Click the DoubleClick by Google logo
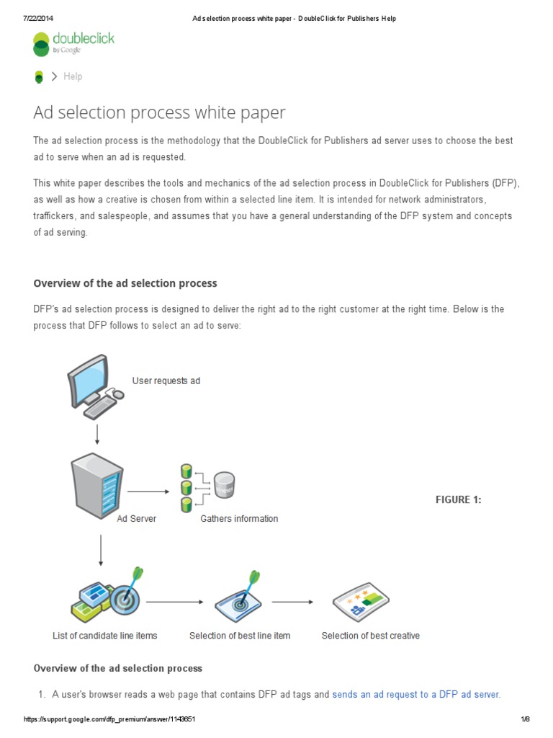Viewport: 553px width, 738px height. tap(73, 43)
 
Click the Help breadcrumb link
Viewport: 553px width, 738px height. tap(73, 76)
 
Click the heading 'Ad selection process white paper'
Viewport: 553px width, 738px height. tap(159, 113)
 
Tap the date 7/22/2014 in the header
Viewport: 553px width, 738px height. tap(38, 18)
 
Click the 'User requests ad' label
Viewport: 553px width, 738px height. tap(166, 381)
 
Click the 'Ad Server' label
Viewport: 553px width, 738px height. tap(136, 518)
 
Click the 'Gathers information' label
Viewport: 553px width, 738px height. tap(239, 518)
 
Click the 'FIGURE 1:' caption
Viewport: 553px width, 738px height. tap(459, 499)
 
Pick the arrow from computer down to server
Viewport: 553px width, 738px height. tap(97, 434)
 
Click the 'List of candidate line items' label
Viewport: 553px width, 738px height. tap(105, 636)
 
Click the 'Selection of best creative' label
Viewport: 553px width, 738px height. tap(370, 636)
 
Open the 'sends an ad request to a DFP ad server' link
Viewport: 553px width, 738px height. tap(415, 695)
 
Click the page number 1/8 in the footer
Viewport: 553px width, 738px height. tap(525, 719)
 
